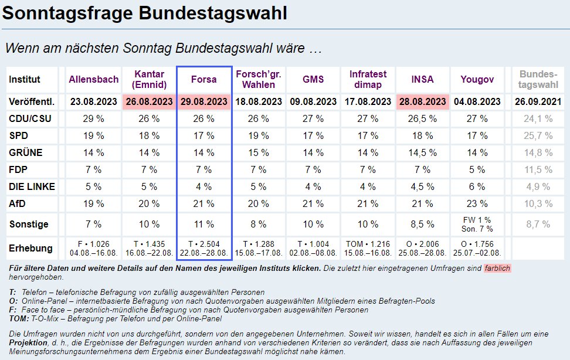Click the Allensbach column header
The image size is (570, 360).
pos(94,80)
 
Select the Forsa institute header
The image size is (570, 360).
pos(204,80)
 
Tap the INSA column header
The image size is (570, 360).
pos(422,80)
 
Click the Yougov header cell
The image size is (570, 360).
pos(477,80)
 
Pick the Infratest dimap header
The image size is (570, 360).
pos(368,80)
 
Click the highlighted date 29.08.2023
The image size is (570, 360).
pos(204,102)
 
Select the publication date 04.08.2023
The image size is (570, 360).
pos(477,102)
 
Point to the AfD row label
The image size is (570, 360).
pos(18,203)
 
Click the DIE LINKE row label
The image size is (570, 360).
pos(32,186)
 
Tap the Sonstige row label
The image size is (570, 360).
pos(29,224)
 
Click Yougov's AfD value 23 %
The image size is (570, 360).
pos(477,203)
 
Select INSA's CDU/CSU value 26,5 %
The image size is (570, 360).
pos(422,118)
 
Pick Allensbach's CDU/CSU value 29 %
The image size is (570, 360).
pos(94,118)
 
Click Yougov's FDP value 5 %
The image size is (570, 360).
pos(477,169)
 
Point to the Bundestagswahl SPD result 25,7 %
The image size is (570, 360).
pos(538,135)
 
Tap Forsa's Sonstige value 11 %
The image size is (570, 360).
pos(204,224)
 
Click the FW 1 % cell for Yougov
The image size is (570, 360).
pos(477,220)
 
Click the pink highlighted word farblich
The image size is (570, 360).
pos(497,269)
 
